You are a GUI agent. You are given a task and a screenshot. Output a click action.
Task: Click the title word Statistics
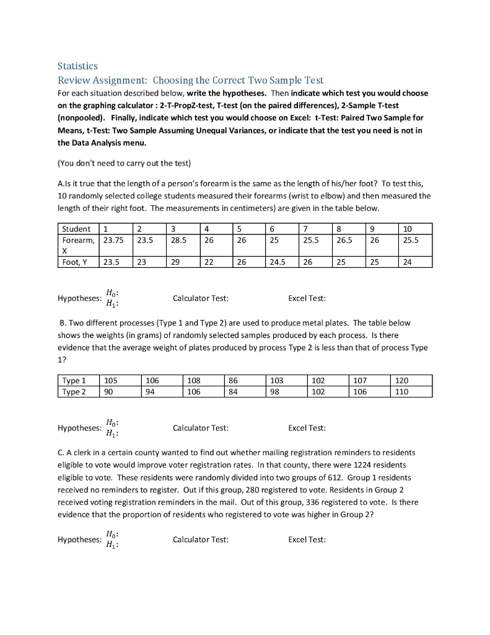click(x=77, y=65)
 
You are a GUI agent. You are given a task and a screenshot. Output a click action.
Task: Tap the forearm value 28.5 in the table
click(x=178, y=239)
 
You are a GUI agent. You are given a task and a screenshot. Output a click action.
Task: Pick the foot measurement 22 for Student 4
click(x=210, y=262)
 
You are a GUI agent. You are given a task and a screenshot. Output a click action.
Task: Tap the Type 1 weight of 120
click(x=402, y=380)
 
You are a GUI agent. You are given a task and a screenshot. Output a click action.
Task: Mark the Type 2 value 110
click(x=402, y=391)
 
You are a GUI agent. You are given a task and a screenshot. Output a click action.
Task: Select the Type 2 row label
click(x=74, y=391)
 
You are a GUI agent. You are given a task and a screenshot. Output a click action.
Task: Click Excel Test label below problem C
click(x=307, y=540)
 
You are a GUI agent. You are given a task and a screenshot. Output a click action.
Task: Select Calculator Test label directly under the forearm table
click(x=201, y=298)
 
